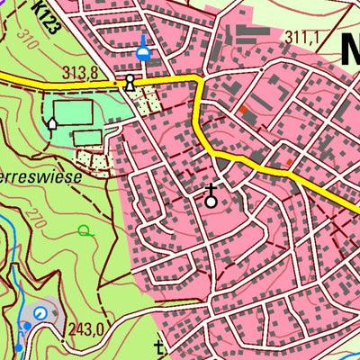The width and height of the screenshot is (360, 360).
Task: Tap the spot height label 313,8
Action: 78,72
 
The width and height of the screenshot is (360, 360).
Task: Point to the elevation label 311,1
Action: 302,37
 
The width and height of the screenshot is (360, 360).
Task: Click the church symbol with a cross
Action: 211,197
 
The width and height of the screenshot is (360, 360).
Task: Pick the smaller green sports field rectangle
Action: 87,138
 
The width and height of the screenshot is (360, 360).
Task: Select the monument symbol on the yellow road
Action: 130,83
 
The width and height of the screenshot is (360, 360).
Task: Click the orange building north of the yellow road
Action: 243,110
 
